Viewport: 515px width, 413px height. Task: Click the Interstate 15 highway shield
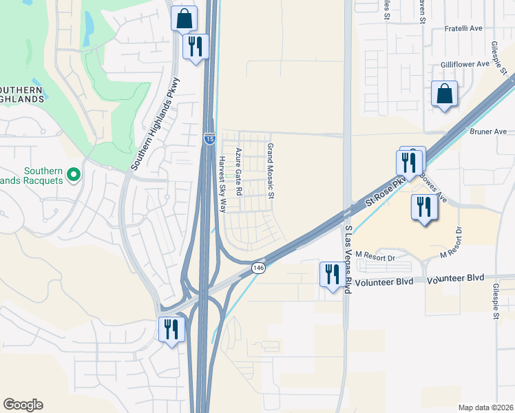click(x=209, y=139)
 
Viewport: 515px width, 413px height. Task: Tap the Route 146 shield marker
click(x=258, y=267)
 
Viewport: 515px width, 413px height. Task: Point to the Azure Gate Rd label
click(x=239, y=171)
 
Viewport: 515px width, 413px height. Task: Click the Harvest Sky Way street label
click(x=222, y=179)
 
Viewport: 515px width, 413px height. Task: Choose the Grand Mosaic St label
click(x=271, y=171)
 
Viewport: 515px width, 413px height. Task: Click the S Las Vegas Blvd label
click(x=348, y=260)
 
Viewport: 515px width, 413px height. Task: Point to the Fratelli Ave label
click(x=463, y=28)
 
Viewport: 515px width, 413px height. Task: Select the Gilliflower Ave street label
click(x=465, y=64)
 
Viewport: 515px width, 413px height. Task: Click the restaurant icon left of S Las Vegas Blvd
click(x=333, y=275)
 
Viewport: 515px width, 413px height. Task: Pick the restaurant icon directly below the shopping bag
click(x=195, y=47)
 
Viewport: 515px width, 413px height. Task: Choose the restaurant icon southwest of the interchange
click(x=171, y=328)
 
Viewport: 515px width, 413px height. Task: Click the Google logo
click(x=23, y=405)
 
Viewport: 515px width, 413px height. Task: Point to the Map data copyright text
click(x=485, y=407)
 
